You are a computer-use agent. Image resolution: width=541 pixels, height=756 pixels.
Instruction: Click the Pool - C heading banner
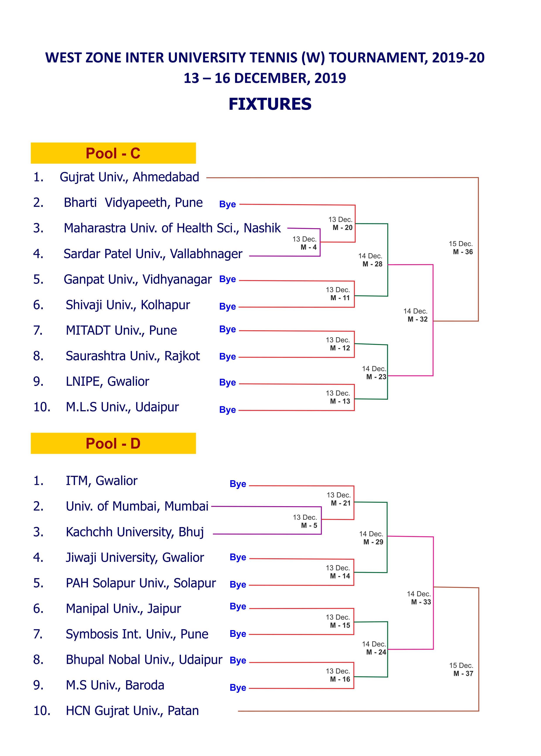click(x=113, y=153)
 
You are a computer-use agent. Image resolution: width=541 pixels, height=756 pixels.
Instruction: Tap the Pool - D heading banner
click(x=113, y=443)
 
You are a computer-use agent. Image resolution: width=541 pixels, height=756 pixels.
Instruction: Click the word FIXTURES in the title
click(x=270, y=104)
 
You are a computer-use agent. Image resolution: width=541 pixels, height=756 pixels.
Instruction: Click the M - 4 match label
click(x=309, y=247)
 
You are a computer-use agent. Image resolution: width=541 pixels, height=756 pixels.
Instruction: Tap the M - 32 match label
click(x=417, y=319)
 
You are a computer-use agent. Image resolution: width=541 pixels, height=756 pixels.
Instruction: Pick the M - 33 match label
click(x=421, y=602)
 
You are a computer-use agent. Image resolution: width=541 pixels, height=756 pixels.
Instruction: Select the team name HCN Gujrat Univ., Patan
click(x=132, y=711)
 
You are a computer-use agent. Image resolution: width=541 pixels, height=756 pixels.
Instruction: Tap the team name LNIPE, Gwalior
click(x=107, y=382)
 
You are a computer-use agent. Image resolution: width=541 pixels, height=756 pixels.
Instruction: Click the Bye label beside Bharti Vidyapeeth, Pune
click(x=227, y=204)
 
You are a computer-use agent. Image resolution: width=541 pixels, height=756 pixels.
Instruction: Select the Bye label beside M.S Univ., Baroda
click(x=238, y=688)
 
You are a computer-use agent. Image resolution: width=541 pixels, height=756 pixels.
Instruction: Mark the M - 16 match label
click(x=340, y=679)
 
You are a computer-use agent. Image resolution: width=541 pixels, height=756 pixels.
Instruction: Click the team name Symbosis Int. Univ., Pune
click(x=137, y=634)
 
